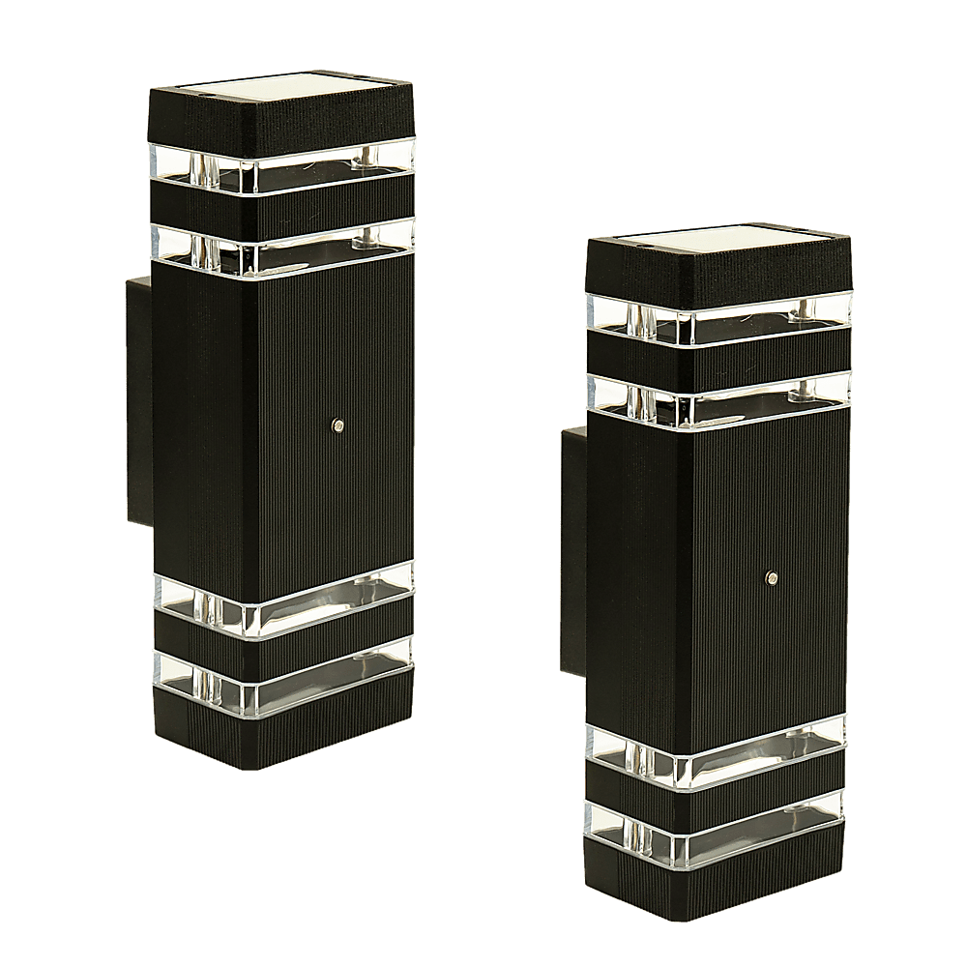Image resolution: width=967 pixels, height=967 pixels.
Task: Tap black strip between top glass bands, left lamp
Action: (280, 205)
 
